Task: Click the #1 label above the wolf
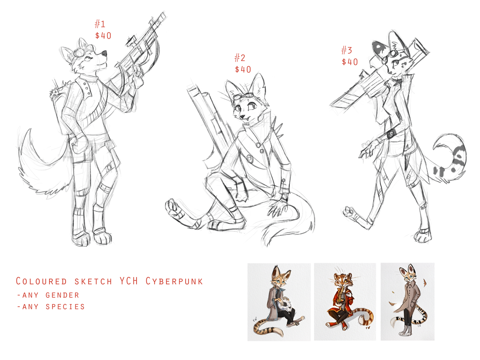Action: click(x=100, y=24)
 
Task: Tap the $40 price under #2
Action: click(x=243, y=69)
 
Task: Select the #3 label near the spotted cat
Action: click(x=346, y=50)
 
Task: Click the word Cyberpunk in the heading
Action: click(x=174, y=281)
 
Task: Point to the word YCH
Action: click(x=129, y=281)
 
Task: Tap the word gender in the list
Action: click(x=62, y=295)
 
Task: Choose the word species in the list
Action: click(x=65, y=307)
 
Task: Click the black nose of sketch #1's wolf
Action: click(x=105, y=53)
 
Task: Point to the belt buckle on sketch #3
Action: click(x=391, y=135)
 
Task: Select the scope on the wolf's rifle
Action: click(x=130, y=41)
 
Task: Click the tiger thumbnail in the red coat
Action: click(x=345, y=301)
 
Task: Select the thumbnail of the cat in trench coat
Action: click(x=407, y=301)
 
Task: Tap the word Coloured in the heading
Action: click(x=41, y=281)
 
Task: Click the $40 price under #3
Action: click(x=350, y=62)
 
